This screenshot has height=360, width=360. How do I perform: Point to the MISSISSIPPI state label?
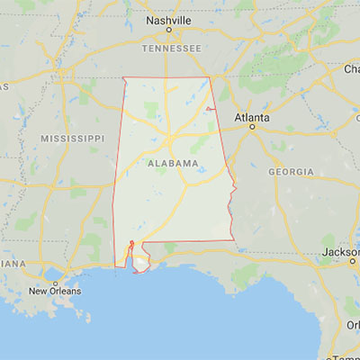coord(73,138)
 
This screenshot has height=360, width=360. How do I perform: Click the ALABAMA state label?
coord(172,163)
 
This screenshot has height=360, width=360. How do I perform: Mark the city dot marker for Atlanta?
coord(253,126)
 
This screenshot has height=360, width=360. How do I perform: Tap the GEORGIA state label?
coord(291,171)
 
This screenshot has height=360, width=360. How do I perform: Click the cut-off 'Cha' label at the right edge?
coord(350,69)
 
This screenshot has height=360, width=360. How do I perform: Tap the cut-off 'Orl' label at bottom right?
coord(353,325)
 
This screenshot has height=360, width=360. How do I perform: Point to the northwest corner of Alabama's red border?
coord(123,78)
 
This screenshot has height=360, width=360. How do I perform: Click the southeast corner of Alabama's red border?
coord(232,240)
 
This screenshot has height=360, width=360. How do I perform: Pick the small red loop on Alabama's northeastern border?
coord(210,109)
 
